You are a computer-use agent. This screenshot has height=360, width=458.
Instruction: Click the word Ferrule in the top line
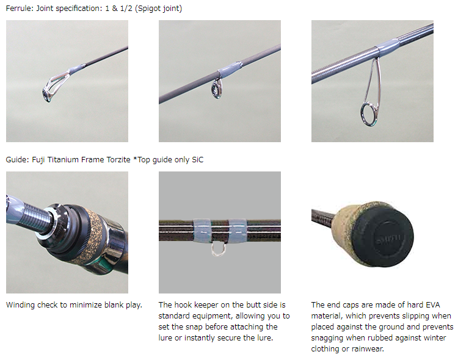18,8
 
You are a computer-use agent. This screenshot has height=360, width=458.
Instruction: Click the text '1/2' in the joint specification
126,8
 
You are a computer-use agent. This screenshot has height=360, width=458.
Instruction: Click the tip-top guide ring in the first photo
47,94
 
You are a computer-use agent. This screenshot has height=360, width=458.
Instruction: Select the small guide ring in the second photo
216,88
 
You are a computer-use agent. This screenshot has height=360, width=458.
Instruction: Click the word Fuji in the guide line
38,160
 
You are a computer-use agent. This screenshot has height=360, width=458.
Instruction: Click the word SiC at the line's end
197,160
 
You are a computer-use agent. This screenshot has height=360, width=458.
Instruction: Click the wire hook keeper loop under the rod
218,250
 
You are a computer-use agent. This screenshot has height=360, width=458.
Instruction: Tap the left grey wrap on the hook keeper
202,231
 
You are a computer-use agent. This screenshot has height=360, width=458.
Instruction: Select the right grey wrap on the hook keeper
238,231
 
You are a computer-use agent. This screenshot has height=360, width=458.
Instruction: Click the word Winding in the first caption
20,305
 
